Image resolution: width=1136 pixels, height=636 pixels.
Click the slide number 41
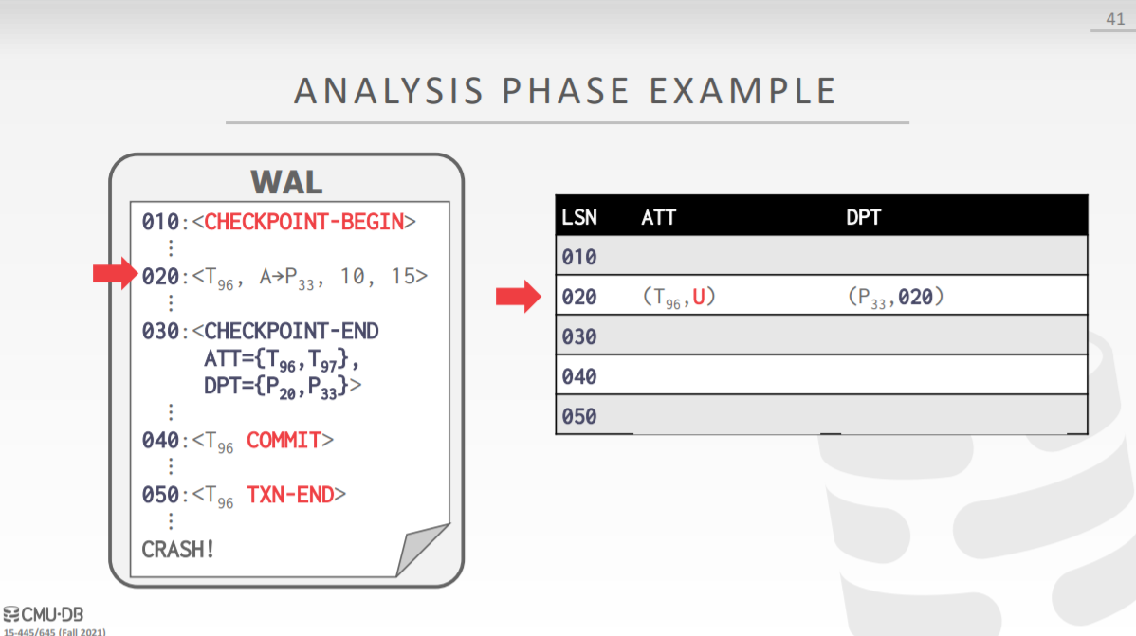pos(1115,19)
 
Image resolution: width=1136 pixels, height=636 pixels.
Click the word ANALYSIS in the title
pos(389,91)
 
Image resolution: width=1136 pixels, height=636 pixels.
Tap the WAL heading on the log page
pos(286,182)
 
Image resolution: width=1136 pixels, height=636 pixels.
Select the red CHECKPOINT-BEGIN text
pos(303,222)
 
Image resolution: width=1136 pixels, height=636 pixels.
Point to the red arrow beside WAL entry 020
pos(115,273)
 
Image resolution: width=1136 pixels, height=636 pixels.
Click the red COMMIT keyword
pos(284,441)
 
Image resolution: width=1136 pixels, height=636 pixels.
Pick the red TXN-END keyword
pos(290,495)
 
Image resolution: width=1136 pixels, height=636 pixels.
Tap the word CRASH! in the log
pos(177,550)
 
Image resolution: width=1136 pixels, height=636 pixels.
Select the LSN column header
pos(578,217)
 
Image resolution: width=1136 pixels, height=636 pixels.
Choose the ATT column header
pos(658,217)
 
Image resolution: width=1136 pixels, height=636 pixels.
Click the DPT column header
pos(863,217)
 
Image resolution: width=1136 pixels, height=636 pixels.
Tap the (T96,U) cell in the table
pos(679,297)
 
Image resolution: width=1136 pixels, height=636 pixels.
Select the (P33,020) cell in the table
pos(895,297)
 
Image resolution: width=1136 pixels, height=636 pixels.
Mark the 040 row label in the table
pos(578,376)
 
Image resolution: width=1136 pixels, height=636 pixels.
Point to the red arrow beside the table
pos(518,296)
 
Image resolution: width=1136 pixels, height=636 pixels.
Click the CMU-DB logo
pos(44,614)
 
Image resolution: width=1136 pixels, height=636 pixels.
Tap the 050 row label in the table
pos(578,416)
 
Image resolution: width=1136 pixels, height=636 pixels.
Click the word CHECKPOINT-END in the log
pos(291,331)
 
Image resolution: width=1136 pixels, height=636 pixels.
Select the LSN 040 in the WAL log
pos(160,441)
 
